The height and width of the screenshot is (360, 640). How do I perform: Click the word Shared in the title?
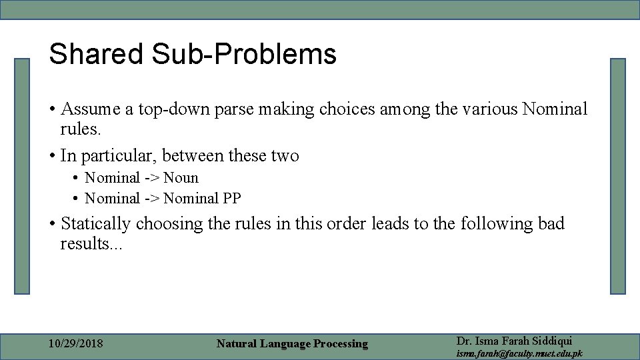[x=95, y=55]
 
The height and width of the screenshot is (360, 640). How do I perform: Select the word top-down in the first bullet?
[x=175, y=109]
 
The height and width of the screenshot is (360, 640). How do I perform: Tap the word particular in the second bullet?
[x=117, y=156]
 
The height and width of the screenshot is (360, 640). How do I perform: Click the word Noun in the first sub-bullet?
[x=181, y=178]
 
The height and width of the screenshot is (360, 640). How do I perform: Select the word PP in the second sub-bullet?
[x=232, y=198]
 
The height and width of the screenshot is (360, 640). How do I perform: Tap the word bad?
[x=551, y=223]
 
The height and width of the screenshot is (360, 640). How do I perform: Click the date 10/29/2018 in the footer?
[x=76, y=344]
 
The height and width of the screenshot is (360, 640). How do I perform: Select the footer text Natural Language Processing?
[x=292, y=344]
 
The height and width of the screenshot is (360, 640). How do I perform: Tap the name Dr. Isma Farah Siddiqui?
[x=514, y=340]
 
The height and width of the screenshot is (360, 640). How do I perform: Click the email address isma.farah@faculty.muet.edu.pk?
[x=519, y=353]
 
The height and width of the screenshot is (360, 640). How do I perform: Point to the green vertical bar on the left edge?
[x=23, y=176]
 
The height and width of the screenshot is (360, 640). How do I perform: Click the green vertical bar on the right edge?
[x=618, y=176]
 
